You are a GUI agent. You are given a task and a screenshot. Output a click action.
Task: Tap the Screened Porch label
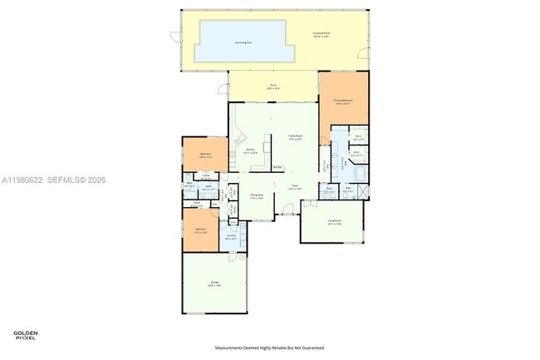coord(322,35)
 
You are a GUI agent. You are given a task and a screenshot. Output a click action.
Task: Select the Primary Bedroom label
coord(343,101)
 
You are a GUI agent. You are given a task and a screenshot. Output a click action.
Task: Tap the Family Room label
coord(295,137)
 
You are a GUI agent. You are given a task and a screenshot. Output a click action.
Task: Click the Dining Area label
coord(257,196)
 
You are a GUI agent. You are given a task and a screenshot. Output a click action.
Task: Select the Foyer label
coord(294,187)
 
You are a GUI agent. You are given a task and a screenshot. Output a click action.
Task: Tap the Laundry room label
coord(230,238)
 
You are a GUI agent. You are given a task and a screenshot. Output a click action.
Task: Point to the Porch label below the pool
coord(272,86)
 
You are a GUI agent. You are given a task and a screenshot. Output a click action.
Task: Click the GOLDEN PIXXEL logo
coord(27,336)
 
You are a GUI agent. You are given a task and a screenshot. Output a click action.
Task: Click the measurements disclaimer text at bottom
coord(270,348)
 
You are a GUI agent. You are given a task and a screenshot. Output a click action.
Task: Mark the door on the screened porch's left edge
coord(174,37)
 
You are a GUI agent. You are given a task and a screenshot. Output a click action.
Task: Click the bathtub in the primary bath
coord(358,173)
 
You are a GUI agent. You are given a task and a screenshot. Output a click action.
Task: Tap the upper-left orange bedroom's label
coord(205,155)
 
